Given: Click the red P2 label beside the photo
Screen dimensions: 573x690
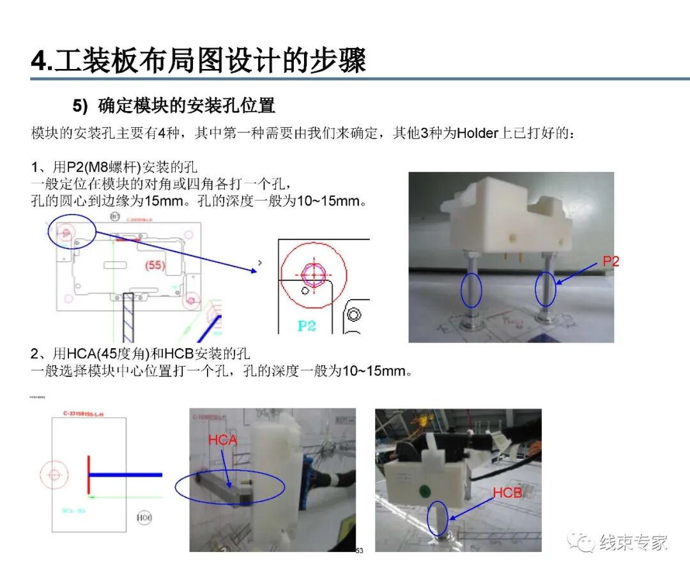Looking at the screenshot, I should tap(610, 261).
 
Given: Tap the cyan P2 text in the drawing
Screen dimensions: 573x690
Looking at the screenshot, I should tap(307, 325).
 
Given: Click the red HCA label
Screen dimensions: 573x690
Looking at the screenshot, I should tap(222, 440).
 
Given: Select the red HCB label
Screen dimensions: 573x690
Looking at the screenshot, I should tap(507, 493).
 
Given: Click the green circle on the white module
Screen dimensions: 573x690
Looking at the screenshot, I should tap(422, 491).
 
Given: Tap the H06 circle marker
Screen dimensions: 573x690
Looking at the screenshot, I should tap(144, 517).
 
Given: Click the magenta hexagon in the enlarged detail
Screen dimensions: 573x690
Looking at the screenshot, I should tap(314, 274).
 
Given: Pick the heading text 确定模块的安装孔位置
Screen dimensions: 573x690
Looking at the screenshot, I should tap(187, 105).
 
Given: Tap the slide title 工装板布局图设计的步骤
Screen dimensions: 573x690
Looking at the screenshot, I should tap(210, 61).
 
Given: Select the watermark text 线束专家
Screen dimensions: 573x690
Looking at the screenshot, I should tap(634, 542).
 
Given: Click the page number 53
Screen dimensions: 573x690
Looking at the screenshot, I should tap(359, 551).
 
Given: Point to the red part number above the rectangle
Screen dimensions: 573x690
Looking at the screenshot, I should tap(83, 414).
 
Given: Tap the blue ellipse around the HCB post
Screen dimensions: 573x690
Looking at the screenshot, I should tap(438, 518).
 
